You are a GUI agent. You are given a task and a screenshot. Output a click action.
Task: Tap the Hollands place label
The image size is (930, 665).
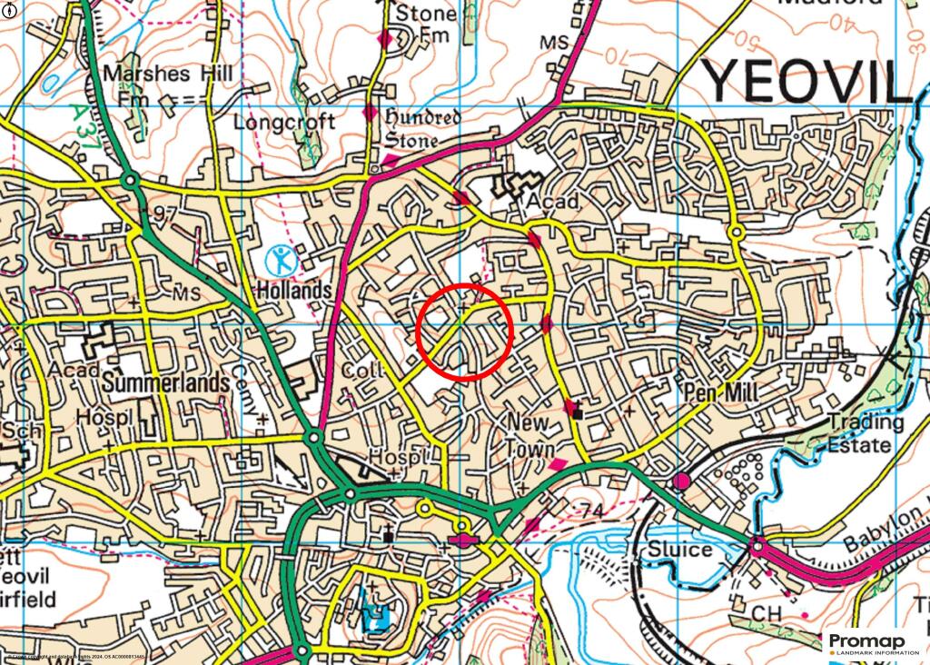click(x=293, y=291)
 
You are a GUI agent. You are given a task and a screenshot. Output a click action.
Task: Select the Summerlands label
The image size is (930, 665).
click(x=166, y=383)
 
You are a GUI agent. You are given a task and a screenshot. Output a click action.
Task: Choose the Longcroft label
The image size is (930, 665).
click(x=284, y=122)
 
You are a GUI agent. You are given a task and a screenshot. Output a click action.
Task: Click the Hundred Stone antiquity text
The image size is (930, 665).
click(x=423, y=128)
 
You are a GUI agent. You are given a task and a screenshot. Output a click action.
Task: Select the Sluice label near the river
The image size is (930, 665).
click(x=679, y=550)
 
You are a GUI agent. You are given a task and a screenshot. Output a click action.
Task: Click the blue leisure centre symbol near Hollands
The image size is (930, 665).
click(x=282, y=261)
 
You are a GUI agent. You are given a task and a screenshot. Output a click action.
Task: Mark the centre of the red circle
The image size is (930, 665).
click(x=465, y=331)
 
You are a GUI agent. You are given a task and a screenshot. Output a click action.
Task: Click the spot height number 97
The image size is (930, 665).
click(x=165, y=213)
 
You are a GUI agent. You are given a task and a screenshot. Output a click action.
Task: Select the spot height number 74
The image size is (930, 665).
click(x=591, y=511)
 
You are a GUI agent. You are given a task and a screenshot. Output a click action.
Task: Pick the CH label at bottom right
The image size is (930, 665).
click(x=767, y=615)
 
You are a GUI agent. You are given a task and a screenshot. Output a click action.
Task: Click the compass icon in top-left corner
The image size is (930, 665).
click(x=9, y=9)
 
